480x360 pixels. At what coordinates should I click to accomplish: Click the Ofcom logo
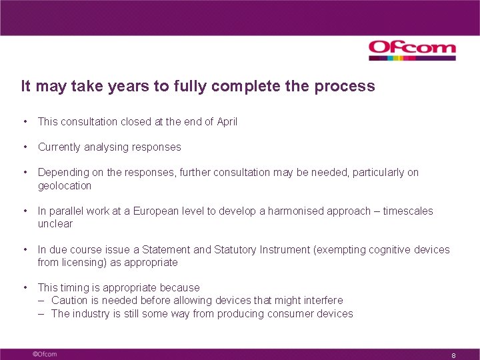click(x=412, y=49)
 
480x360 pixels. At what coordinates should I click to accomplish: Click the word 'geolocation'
click(x=65, y=185)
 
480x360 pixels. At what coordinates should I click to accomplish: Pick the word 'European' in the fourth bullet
click(x=157, y=211)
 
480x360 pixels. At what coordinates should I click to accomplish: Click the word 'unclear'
click(x=55, y=223)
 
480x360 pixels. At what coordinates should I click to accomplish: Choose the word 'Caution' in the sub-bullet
click(x=69, y=300)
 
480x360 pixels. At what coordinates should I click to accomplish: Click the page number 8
click(x=453, y=355)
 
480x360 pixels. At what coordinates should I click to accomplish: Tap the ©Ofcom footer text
click(x=45, y=354)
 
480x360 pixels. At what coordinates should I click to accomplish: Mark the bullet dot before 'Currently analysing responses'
click(x=24, y=147)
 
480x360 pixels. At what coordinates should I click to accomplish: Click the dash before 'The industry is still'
click(x=41, y=313)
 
